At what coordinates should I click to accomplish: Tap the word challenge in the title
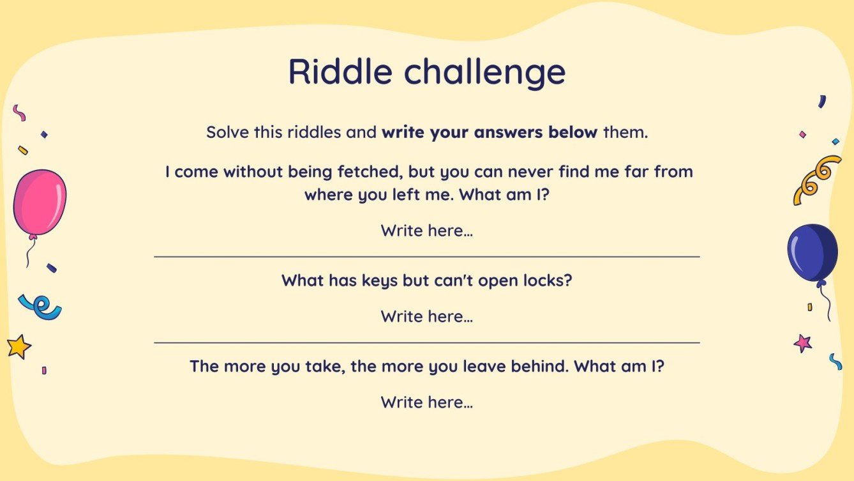pyautogui.click(x=484, y=72)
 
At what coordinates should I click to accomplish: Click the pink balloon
pyautogui.click(x=40, y=202)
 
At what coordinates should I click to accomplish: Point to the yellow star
pyautogui.click(x=19, y=346)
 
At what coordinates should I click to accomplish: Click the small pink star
pyautogui.click(x=802, y=344)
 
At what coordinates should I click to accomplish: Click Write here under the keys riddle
pyautogui.click(x=426, y=316)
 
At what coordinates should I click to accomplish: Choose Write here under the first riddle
pyautogui.click(x=426, y=231)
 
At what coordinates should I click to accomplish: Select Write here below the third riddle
pyautogui.click(x=426, y=402)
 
